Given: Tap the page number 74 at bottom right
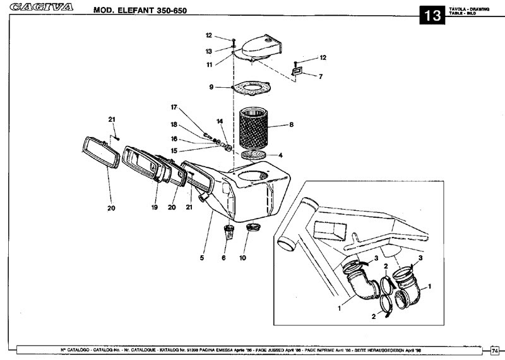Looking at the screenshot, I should [x=495, y=349].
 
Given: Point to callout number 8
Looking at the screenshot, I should [x=291, y=125].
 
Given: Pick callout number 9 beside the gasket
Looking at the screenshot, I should [x=212, y=87].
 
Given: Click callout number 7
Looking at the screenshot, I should [x=320, y=76].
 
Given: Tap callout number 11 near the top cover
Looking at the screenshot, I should [x=209, y=64].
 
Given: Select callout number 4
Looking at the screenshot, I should [x=280, y=155].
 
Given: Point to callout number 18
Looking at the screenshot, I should [x=175, y=125].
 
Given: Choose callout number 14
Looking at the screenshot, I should [x=220, y=121].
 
